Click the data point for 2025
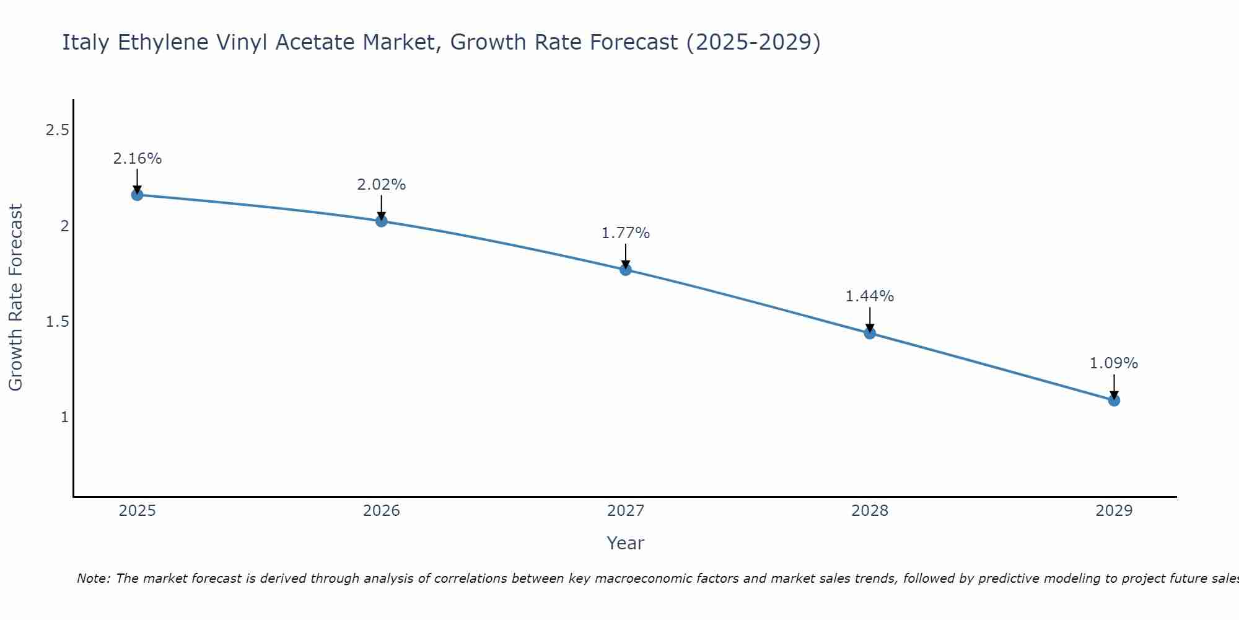click(x=137, y=195)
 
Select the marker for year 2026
click(x=381, y=221)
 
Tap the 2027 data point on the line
click(x=625, y=269)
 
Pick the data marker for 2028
click(x=870, y=333)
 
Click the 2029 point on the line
click(x=1114, y=400)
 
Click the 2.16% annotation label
click(x=137, y=159)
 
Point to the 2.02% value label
click(x=381, y=185)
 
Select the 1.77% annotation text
click(x=625, y=233)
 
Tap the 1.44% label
click(x=870, y=296)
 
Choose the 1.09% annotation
click(x=1114, y=363)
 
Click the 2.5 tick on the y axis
click(x=57, y=130)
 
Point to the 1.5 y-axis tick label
click(x=57, y=322)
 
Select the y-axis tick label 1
click(x=64, y=417)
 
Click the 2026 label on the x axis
click(x=381, y=511)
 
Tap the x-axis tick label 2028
click(x=870, y=511)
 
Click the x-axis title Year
click(x=625, y=543)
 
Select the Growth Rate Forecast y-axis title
click(x=15, y=298)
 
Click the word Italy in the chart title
click(x=86, y=42)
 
